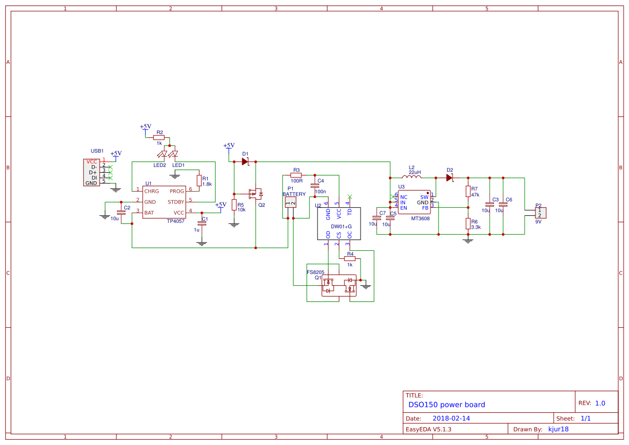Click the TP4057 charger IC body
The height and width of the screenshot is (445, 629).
pyautogui.click(x=164, y=202)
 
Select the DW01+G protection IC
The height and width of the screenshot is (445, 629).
pyautogui.click(x=339, y=223)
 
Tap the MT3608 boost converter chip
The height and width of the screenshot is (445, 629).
pyautogui.click(x=414, y=202)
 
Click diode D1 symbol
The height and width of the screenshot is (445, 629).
pyautogui.click(x=245, y=161)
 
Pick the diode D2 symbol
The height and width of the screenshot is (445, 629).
pyautogui.click(x=450, y=178)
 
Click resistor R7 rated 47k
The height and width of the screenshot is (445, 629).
pyautogui.click(x=468, y=192)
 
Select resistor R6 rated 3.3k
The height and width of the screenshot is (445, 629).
pyautogui.click(x=468, y=223)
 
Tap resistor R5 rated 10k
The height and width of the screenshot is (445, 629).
pyautogui.click(x=234, y=205)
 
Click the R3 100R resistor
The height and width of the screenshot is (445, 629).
pyautogui.click(x=296, y=175)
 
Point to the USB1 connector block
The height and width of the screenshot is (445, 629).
pyautogui.click(x=91, y=173)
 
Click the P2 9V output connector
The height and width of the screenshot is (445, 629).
pyautogui.click(x=541, y=213)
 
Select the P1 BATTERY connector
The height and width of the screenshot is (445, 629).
pyautogui.click(x=291, y=202)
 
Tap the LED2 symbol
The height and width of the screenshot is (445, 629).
pyautogui.click(x=162, y=154)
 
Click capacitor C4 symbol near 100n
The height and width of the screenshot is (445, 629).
pyautogui.click(x=315, y=186)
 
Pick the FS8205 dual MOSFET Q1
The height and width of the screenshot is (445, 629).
pyautogui.click(x=339, y=285)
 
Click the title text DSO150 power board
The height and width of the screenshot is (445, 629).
pyautogui.click(x=447, y=405)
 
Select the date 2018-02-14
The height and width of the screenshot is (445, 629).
pyautogui.click(x=451, y=418)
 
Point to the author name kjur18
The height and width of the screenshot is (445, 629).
pyautogui.click(x=559, y=429)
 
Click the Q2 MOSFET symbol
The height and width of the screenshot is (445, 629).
pyautogui.click(x=255, y=194)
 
